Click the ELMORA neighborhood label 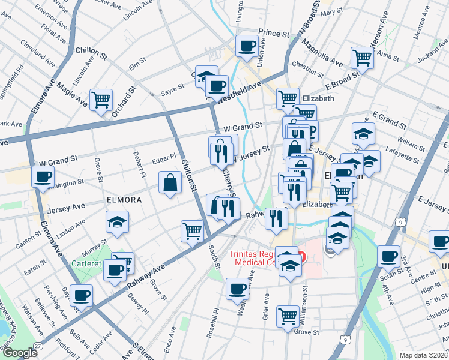tap(124, 199)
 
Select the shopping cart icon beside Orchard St tap(101, 99)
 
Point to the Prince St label tap(274, 32)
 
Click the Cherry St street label tap(229, 182)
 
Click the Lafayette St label tap(403, 156)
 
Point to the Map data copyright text tap(423, 355)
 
